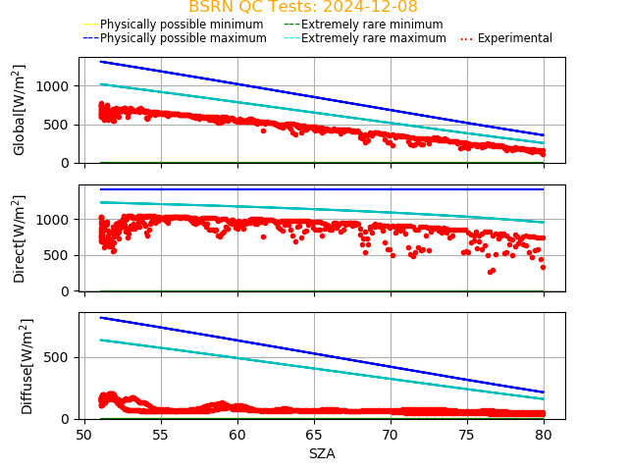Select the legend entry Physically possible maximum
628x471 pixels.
[175, 38]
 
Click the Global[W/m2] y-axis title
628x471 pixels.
[20, 110]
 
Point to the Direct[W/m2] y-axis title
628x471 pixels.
[20, 238]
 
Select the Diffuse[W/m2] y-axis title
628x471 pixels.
[27, 366]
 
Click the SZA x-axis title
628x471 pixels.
[322, 453]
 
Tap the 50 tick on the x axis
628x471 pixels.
[84, 435]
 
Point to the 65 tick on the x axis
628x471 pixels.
[314, 435]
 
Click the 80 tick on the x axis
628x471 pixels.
[544, 435]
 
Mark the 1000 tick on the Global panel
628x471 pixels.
[57, 86]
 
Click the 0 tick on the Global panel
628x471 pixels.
[69, 163]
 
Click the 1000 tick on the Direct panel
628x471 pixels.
[57, 220]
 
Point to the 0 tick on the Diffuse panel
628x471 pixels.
[69, 419]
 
